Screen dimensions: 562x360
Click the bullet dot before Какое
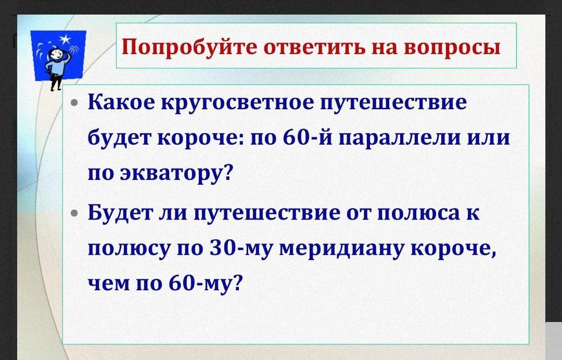[74, 104]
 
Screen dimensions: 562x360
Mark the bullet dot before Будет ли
[74, 213]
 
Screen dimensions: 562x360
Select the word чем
[109, 284]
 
